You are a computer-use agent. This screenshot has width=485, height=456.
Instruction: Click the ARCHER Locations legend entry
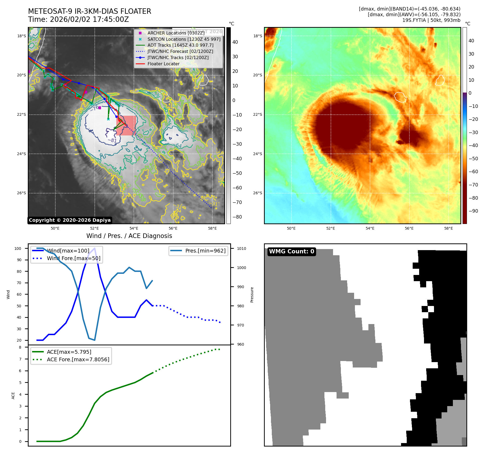pos(176,33)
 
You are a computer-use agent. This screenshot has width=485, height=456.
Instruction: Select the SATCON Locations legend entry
pos(184,39)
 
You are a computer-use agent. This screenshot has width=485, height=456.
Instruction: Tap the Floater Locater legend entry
pos(163,64)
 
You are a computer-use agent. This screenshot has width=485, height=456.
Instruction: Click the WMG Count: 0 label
pos(291,251)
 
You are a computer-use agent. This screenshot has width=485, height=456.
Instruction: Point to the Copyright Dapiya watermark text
pos(70,220)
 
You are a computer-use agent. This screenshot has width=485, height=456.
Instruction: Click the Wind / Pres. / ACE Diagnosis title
pos(129,236)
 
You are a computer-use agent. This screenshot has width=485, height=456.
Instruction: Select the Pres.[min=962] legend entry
pos(205,251)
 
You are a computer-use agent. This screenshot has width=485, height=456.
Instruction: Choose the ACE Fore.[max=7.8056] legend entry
pos(78,359)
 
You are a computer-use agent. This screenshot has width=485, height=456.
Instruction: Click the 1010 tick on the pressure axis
pos(242,249)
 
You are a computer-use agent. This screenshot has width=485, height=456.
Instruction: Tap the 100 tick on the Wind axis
pos(18,249)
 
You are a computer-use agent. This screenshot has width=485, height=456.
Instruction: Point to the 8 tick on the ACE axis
pos(20,347)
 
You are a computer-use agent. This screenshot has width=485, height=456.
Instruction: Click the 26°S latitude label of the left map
pos(22,193)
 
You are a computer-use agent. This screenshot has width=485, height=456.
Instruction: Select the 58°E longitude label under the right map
pos(448,229)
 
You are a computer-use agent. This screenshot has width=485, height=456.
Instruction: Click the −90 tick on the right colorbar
pos(473,211)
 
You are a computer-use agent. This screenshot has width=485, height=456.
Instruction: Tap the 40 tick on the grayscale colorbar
pos(235,42)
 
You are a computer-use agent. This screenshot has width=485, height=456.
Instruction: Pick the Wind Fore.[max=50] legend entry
pos(73,258)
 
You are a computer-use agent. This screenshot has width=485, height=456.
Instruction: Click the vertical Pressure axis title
pos(252,295)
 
